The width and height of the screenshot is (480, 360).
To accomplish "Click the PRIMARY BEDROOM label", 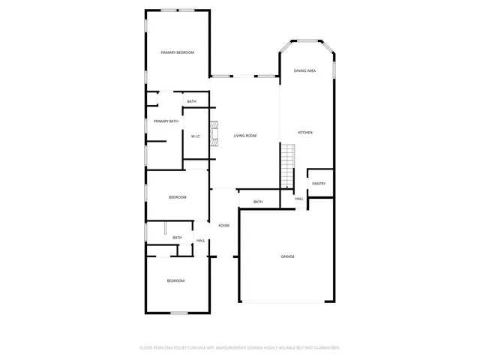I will pyautogui.click(x=178, y=52).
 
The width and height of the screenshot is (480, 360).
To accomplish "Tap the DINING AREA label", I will pyautogui.click(x=304, y=70).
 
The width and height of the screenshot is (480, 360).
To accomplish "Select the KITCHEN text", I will pyautogui.click(x=305, y=133).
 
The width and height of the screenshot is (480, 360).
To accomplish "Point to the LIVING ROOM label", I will pyautogui.click(x=245, y=136).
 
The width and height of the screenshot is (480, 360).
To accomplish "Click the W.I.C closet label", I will pyautogui.click(x=194, y=136).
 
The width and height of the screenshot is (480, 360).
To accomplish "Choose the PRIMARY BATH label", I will pyautogui.click(x=166, y=121).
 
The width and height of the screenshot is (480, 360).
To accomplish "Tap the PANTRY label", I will pyautogui.click(x=319, y=184).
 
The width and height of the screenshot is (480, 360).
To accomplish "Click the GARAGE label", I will pyautogui.click(x=287, y=256).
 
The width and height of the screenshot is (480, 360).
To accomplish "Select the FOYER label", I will pyautogui.click(x=223, y=226).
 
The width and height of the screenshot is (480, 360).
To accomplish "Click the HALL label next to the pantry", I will pyautogui.click(x=298, y=199).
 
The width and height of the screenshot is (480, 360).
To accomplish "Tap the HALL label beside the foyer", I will pyautogui.click(x=201, y=241).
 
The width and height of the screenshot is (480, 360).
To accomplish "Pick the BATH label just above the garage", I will pyautogui.click(x=258, y=202).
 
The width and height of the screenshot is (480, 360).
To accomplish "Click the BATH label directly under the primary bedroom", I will pyautogui.click(x=192, y=102).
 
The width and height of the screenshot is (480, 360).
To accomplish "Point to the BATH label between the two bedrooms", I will pyautogui.click(x=177, y=238).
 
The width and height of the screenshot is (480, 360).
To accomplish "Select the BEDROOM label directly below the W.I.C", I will pyautogui.click(x=177, y=197).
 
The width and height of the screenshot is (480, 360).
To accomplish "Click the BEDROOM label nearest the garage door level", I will pyautogui.click(x=175, y=280).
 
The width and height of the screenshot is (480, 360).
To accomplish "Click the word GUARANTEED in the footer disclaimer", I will pyautogui.click(x=324, y=348).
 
